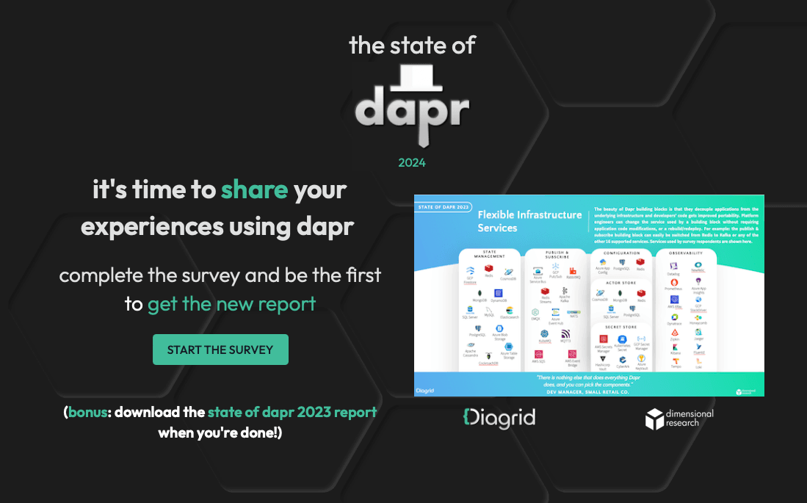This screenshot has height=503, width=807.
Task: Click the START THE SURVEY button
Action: point(220,350)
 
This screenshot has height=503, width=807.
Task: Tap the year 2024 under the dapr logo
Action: point(411,162)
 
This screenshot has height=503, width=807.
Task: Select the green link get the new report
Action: point(231,303)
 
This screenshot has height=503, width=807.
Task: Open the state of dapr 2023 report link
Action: point(292,412)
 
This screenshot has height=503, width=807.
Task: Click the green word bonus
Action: point(87,412)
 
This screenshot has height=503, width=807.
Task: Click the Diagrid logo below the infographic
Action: point(499,418)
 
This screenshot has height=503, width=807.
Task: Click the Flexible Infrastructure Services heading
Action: point(529,221)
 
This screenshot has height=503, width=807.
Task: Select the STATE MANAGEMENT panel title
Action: point(489,256)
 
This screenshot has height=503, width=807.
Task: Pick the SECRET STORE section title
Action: point(621,328)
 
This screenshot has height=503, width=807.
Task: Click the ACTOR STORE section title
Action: point(621,282)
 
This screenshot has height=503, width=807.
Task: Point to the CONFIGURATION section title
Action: point(621,253)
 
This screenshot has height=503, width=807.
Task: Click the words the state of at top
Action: point(412,46)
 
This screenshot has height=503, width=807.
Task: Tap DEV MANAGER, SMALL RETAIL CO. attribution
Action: point(589,391)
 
